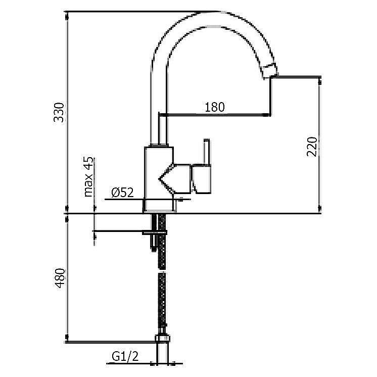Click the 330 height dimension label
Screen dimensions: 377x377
point(60,112)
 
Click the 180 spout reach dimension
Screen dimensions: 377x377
point(215,107)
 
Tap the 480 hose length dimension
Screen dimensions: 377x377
point(60,277)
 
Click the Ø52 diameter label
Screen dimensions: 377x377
point(122,192)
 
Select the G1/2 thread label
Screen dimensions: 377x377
point(124,358)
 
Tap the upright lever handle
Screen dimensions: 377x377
point(206,152)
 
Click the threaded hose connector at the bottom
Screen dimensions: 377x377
point(163,340)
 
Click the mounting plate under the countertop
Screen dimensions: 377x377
point(152,232)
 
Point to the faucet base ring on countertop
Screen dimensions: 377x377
point(159,205)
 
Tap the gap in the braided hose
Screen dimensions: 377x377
point(162,267)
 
